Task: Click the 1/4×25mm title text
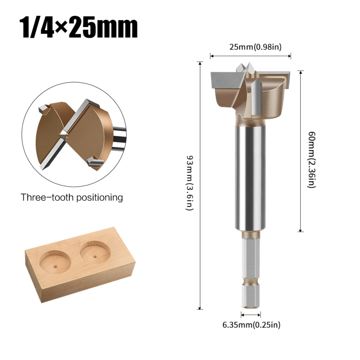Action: (x=78, y=27)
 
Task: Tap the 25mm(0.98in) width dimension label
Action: (x=255, y=47)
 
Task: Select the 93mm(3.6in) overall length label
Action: (x=189, y=183)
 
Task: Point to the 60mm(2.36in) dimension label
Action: (x=311, y=160)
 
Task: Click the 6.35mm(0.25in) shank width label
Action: (x=252, y=324)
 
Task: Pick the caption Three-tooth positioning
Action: (x=72, y=198)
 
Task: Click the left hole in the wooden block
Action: (x=55, y=262)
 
